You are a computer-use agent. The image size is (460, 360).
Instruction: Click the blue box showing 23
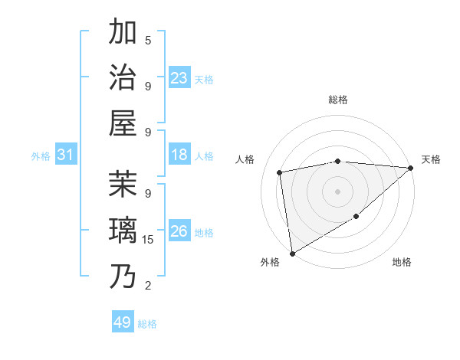[179, 78]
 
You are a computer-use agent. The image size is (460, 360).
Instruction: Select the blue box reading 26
[179, 232]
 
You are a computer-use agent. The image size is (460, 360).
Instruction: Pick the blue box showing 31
[66, 155]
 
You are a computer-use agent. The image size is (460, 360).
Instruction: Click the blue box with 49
[123, 322]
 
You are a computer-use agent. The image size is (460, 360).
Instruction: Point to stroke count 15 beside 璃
[148, 240]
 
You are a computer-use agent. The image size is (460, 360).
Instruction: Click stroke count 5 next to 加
[148, 41]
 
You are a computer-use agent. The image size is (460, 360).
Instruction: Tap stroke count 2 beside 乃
[148, 286]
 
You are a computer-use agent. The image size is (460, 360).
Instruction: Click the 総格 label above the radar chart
[337, 100]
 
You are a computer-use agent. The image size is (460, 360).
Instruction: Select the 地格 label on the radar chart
[402, 263]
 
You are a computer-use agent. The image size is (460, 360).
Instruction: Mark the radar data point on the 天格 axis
[410, 169]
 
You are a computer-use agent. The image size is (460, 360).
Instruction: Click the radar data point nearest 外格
[292, 253]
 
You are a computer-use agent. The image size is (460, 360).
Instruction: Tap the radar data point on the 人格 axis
[281, 172]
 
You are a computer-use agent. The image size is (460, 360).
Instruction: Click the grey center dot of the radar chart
[337, 191]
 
